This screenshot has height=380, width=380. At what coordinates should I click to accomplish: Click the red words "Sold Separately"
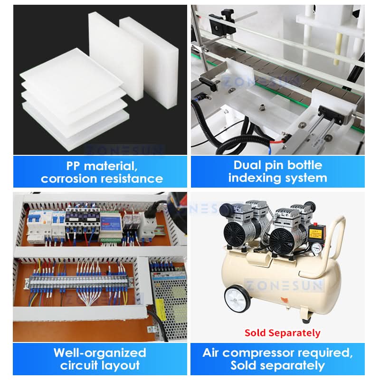[x=282, y=333]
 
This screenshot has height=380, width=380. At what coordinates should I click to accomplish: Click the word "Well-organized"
[x=100, y=353]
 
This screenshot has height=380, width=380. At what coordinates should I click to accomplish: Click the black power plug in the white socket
[x=152, y=208]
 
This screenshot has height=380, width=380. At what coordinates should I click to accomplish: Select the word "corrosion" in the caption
[x=69, y=179]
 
